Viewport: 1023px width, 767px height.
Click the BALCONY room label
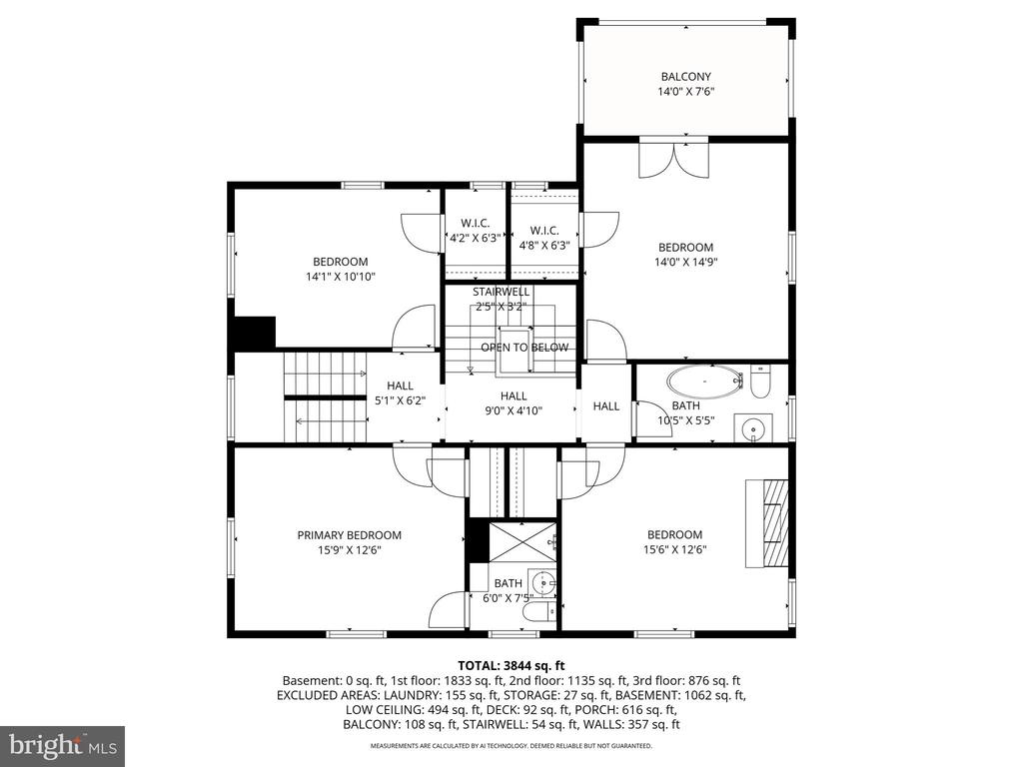[x=685, y=76]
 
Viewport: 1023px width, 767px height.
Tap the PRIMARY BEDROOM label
[x=349, y=535]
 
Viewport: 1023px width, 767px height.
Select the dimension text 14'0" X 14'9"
[x=685, y=263]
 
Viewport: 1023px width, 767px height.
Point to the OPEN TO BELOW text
[x=524, y=348]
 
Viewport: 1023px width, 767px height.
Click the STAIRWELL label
[x=502, y=292]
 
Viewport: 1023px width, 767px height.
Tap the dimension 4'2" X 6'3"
[x=475, y=238]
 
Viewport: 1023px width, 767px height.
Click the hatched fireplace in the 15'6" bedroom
[x=767, y=523]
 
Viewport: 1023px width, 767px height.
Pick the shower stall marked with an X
[x=521, y=542]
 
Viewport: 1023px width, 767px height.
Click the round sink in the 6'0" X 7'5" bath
[x=542, y=581]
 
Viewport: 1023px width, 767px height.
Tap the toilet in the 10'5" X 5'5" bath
[x=760, y=383]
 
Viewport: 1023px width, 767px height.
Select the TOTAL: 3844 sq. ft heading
[x=511, y=666]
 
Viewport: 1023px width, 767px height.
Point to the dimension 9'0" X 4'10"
[x=513, y=410]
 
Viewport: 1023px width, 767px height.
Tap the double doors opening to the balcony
[x=673, y=160]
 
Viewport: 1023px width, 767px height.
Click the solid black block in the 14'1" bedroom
[x=255, y=332]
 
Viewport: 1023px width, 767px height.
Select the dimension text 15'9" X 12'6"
[x=349, y=550]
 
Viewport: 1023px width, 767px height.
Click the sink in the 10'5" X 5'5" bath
[x=754, y=428]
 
